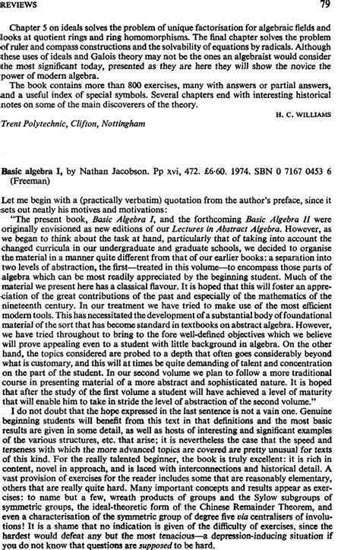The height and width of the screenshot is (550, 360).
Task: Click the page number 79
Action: [346, 6]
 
